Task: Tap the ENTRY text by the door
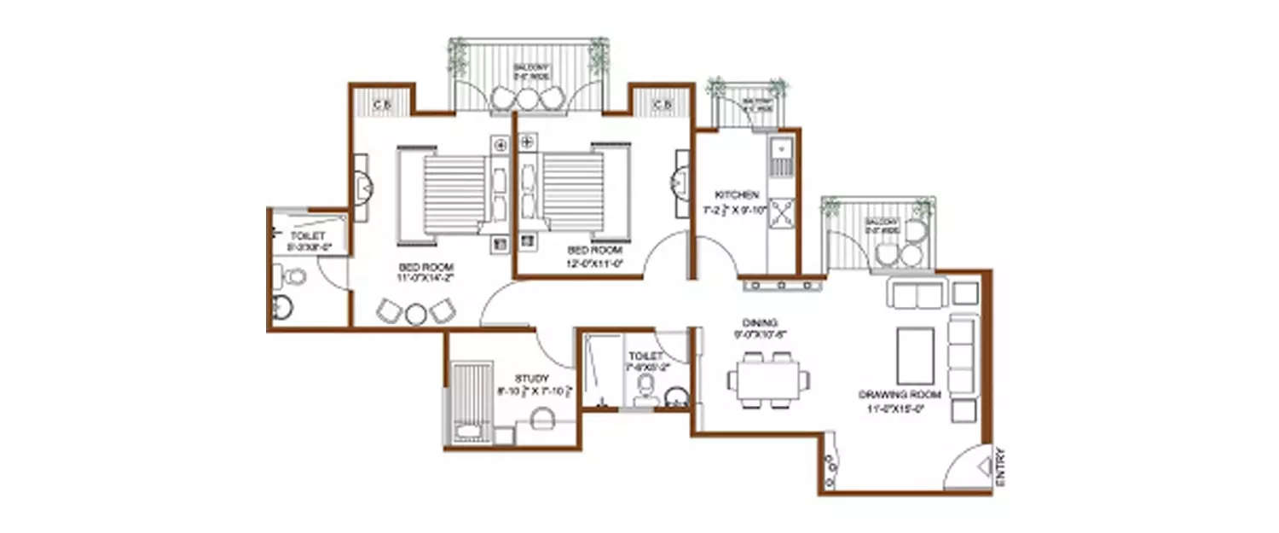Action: tap(1000, 468)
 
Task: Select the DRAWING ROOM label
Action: tap(899, 395)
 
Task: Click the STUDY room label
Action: tap(532, 378)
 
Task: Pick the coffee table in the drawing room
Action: tap(915, 356)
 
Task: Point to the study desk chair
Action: tap(542, 419)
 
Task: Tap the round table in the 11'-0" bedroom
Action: tap(415, 313)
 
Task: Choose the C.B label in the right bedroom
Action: tap(662, 105)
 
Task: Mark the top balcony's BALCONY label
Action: tap(530, 67)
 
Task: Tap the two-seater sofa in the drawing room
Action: tap(917, 293)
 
